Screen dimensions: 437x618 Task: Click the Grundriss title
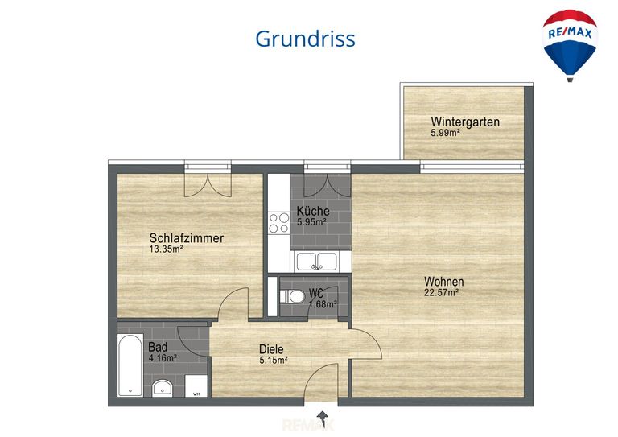(x=305, y=38)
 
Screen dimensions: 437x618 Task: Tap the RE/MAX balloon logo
(x=571, y=43)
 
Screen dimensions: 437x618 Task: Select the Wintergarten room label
(x=464, y=122)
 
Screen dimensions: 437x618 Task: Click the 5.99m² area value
(x=445, y=133)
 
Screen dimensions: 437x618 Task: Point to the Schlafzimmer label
(x=186, y=238)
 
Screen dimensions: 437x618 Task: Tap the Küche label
(x=311, y=211)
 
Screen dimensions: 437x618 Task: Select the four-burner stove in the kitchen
(x=279, y=223)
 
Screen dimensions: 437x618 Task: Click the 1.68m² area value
(x=323, y=304)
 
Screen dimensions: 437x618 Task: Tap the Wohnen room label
(x=444, y=282)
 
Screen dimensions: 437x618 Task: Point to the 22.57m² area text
(x=441, y=293)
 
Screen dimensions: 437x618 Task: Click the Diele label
(x=272, y=349)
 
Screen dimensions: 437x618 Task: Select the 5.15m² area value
(x=274, y=360)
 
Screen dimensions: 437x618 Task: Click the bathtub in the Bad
(x=130, y=366)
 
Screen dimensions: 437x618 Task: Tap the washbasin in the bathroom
(x=163, y=386)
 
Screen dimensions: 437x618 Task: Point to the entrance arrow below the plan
(x=323, y=418)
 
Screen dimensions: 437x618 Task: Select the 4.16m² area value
(x=163, y=357)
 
